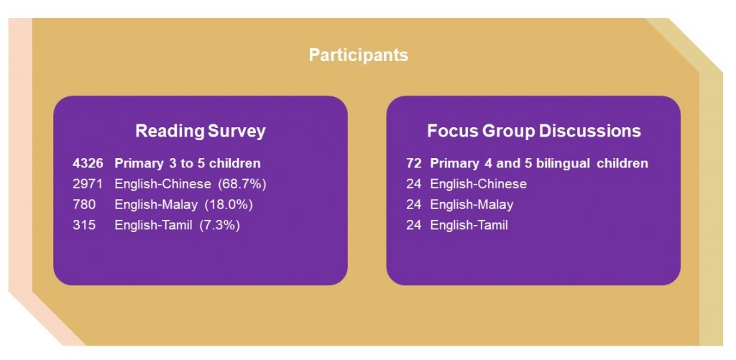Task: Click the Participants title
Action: point(358,55)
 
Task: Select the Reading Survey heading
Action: point(201,131)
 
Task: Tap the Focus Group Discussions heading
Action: point(534,131)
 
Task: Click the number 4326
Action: point(87,163)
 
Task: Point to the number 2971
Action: point(87,184)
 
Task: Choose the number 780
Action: point(83,205)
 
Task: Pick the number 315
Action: point(83,226)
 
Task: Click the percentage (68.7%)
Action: point(242,184)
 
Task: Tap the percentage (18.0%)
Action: point(229,205)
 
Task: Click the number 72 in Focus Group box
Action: point(413,163)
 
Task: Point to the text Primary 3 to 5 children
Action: point(188,163)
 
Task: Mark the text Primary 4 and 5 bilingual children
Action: point(539,163)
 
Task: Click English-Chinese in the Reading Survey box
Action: point(162,184)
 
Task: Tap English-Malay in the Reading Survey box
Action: point(156,205)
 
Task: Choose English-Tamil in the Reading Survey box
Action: point(153,226)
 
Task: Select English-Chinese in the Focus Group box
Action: point(478,184)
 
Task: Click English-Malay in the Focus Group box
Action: point(471,205)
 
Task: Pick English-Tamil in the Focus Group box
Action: point(469,226)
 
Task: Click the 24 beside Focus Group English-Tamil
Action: point(413,226)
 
